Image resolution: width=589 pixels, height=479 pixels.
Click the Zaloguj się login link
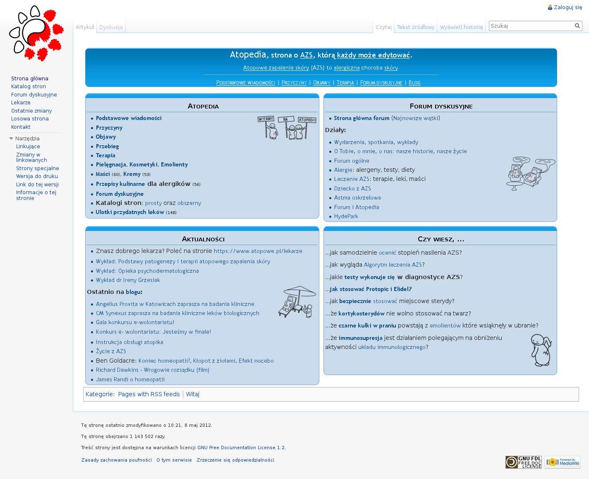tap(567, 7)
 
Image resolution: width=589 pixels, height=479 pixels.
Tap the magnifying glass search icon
tap(577, 26)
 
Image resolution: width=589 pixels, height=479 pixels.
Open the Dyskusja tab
tap(111, 27)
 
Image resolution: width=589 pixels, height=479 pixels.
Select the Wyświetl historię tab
tap(461, 27)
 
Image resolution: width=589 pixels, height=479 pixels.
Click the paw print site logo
tap(36, 34)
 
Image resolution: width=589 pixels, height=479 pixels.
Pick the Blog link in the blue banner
tap(414, 83)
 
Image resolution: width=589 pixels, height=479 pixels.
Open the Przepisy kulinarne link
tap(120, 184)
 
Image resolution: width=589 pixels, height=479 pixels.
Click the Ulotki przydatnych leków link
tap(130, 212)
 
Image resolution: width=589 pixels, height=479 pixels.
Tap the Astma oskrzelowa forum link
tap(357, 198)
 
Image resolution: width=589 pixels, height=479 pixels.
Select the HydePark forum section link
tap(346, 217)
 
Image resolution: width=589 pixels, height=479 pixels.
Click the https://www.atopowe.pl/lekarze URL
tap(258, 251)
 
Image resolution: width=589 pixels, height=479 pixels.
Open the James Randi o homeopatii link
tap(130, 380)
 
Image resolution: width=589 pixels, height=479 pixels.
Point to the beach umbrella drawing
tap(297, 302)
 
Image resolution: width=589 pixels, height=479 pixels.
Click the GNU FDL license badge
tap(523, 462)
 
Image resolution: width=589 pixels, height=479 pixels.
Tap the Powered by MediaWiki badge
tap(563, 462)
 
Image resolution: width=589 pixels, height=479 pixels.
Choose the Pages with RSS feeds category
tap(149, 395)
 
